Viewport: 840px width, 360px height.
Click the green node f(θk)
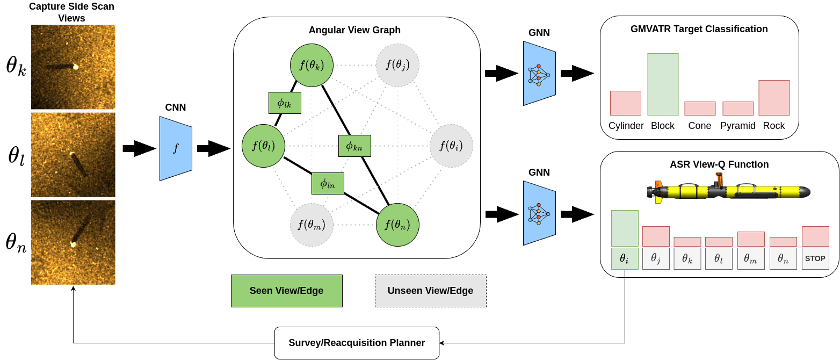pyautogui.click(x=312, y=65)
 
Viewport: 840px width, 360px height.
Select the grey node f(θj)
pyautogui.click(x=397, y=65)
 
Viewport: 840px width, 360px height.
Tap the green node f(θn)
pyautogui.click(x=397, y=225)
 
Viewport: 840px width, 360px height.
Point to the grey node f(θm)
pyautogui.click(x=312, y=225)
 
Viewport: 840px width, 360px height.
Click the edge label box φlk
pyautogui.click(x=285, y=103)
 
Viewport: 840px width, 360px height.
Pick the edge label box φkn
pyautogui.click(x=354, y=146)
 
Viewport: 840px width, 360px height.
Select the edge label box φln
pyautogui.click(x=328, y=183)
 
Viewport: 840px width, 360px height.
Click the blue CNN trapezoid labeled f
pyautogui.click(x=176, y=149)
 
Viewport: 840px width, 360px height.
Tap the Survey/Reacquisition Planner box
pyautogui.click(x=357, y=343)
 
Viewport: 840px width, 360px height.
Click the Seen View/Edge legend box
pyautogui.click(x=286, y=291)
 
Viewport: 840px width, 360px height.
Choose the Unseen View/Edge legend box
pyautogui.click(x=430, y=291)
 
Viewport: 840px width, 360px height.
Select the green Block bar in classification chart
pyautogui.click(x=663, y=84)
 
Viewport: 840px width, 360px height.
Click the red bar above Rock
pyautogui.click(x=774, y=98)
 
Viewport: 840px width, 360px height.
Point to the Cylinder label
pyautogui.click(x=626, y=126)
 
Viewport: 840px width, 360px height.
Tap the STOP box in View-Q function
pyautogui.click(x=815, y=258)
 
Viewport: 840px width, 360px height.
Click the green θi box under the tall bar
pyautogui.click(x=625, y=258)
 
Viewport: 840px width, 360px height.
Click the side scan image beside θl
pyautogui.click(x=73, y=155)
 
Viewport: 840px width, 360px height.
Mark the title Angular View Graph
pyautogui.click(x=354, y=30)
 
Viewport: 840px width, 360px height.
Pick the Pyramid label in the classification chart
pyautogui.click(x=737, y=126)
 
